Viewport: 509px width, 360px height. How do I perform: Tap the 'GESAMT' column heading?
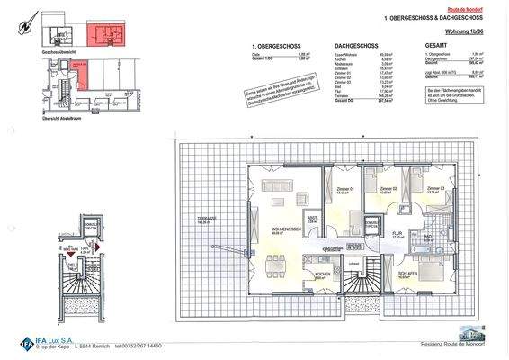click(x=435, y=43)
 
